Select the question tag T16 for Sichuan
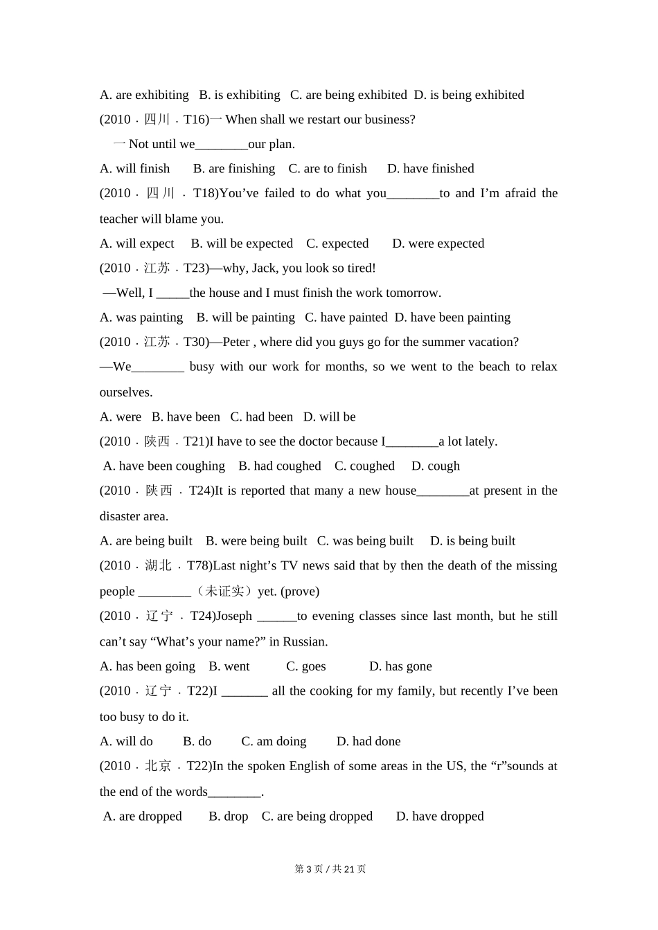pyautogui.click(x=194, y=120)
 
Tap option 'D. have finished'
pyautogui.click(x=430, y=169)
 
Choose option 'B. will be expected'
pyautogui.click(x=242, y=244)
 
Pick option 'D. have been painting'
pyautogui.click(x=452, y=318)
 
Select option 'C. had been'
pyautogui.click(x=261, y=417)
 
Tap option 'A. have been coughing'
pyautogui.click(x=164, y=466)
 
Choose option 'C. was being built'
pyautogui.click(x=365, y=541)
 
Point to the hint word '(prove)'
pyautogui.click(x=300, y=592)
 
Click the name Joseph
pyautogui.click(x=233, y=617)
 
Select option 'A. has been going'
pyautogui.click(x=148, y=666)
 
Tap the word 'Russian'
pyautogui.click(x=303, y=641)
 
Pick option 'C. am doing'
pyautogui.click(x=274, y=742)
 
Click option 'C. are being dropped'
pyautogui.click(x=317, y=817)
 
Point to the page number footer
pyautogui.click(x=330, y=869)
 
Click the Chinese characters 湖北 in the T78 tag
pyautogui.click(x=158, y=566)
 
